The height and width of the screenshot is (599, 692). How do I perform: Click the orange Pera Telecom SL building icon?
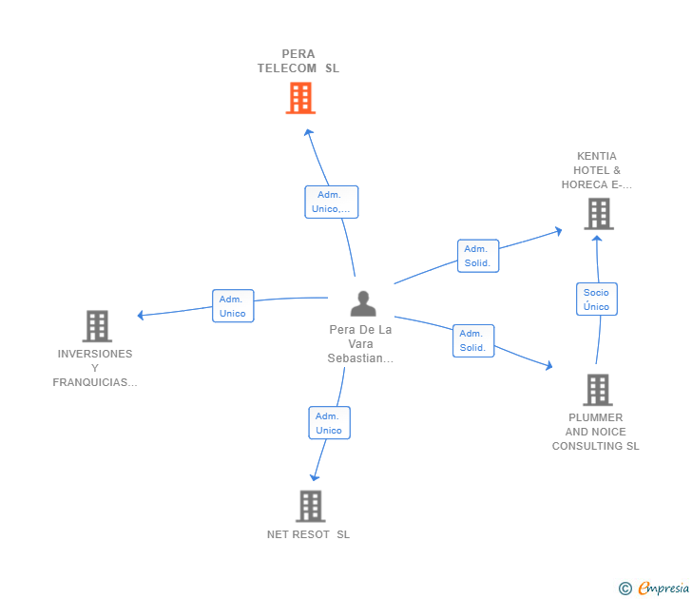click(x=300, y=98)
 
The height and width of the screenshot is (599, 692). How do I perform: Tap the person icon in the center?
click(x=363, y=303)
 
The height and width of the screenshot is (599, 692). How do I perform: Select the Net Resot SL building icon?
click(x=311, y=506)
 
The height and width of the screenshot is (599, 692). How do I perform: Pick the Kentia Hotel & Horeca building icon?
click(x=599, y=214)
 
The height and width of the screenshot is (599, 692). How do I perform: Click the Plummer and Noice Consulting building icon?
click(x=597, y=389)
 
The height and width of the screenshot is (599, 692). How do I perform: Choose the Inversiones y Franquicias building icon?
click(x=97, y=326)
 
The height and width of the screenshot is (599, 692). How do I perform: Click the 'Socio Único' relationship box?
click(x=597, y=299)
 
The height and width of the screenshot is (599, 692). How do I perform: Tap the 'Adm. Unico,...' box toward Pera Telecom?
click(x=331, y=202)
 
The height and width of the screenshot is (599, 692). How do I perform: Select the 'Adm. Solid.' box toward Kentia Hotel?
click(x=477, y=256)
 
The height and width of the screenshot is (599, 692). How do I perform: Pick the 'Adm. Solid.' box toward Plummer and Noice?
click(x=472, y=340)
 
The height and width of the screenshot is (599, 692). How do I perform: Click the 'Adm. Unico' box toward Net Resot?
click(x=329, y=423)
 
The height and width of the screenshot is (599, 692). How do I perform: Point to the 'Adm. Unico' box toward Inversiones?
click(x=233, y=306)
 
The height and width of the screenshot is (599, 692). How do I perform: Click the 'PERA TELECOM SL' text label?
click(x=298, y=61)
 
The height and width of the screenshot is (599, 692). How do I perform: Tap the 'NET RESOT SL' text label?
click(x=309, y=534)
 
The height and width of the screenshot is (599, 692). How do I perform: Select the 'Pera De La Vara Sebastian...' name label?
click(x=360, y=344)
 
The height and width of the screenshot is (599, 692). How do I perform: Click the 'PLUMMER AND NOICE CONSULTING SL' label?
click(x=596, y=432)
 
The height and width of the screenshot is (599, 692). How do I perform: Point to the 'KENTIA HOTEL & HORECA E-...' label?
click(x=597, y=170)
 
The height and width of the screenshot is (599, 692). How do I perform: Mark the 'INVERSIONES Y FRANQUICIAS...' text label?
click(x=95, y=368)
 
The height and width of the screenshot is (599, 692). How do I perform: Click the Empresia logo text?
click(x=663, y=589)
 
